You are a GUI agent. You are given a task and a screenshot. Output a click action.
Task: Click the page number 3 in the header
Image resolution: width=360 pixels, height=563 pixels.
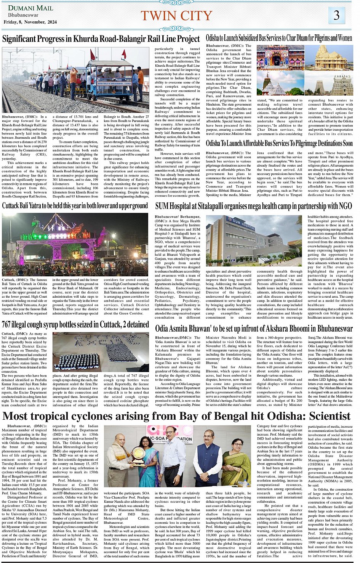pyautogui.click(x=336, y=15)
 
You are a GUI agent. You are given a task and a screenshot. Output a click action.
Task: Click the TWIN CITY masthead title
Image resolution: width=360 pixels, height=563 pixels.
pyautogui.click(x=176, y=16)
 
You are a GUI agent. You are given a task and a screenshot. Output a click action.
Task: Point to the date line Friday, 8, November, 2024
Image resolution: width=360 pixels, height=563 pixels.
pyautogui.click(x=30, y=22)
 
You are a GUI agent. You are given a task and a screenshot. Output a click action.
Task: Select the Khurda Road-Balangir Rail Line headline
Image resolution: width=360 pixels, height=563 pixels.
pyautogui.click(x=101, y=39)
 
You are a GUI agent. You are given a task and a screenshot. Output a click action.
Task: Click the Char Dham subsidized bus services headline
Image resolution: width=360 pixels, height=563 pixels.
pyautogui.click(x=279, y=38)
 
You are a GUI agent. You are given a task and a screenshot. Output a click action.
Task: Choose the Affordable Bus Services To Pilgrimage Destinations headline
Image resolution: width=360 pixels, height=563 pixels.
pyautogui.click(x=279, y=143)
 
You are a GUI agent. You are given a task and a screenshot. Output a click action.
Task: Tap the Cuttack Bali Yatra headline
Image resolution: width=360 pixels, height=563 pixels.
pyautogui.click(x=75, y=206)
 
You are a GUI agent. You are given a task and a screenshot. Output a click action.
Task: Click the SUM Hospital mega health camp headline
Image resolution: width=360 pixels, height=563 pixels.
pyautogui.click(x=253, y=206)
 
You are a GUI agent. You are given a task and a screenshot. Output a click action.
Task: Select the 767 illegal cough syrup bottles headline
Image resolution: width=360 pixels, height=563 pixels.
pyautogui.click(x=75, y=325)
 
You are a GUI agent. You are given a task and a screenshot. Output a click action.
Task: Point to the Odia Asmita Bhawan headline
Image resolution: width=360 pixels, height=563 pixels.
pyautogui.click(x=254, y=328)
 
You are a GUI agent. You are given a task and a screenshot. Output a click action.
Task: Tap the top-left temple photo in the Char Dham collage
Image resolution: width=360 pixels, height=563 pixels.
pyautogui.click(x=280, y=58)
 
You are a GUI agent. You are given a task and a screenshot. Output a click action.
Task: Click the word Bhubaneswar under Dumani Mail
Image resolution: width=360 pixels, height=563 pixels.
pyautogui.click(x=23, y=15)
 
